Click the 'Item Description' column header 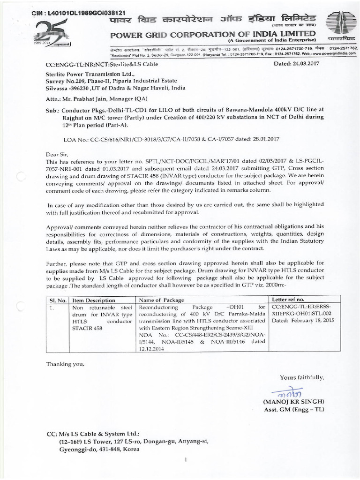[94, 300]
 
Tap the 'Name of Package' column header [161, 300]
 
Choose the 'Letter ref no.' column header [288, 299]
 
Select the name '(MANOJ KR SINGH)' [294, 402]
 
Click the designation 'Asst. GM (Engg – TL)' [293, 410]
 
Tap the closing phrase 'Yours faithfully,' [301, 377]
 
